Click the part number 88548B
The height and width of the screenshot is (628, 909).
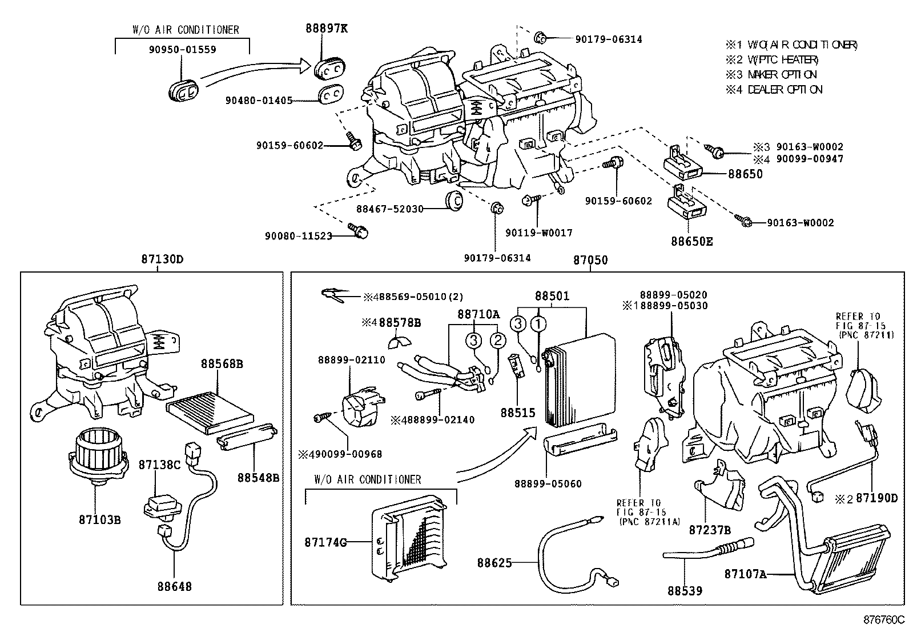click(258, 477)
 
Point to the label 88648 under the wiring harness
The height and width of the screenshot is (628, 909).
click(174, 586)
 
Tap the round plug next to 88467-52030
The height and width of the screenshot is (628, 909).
click(454, 201)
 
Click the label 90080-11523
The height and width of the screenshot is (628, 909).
click(298, 235)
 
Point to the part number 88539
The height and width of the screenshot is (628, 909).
click(684, 590)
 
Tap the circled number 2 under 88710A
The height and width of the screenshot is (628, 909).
click(498, 341)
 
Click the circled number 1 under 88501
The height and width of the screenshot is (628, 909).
click(539, 325)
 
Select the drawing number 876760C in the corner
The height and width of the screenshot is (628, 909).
click(884, 619)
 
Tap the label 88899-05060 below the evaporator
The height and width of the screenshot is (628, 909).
click(547, 483)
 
